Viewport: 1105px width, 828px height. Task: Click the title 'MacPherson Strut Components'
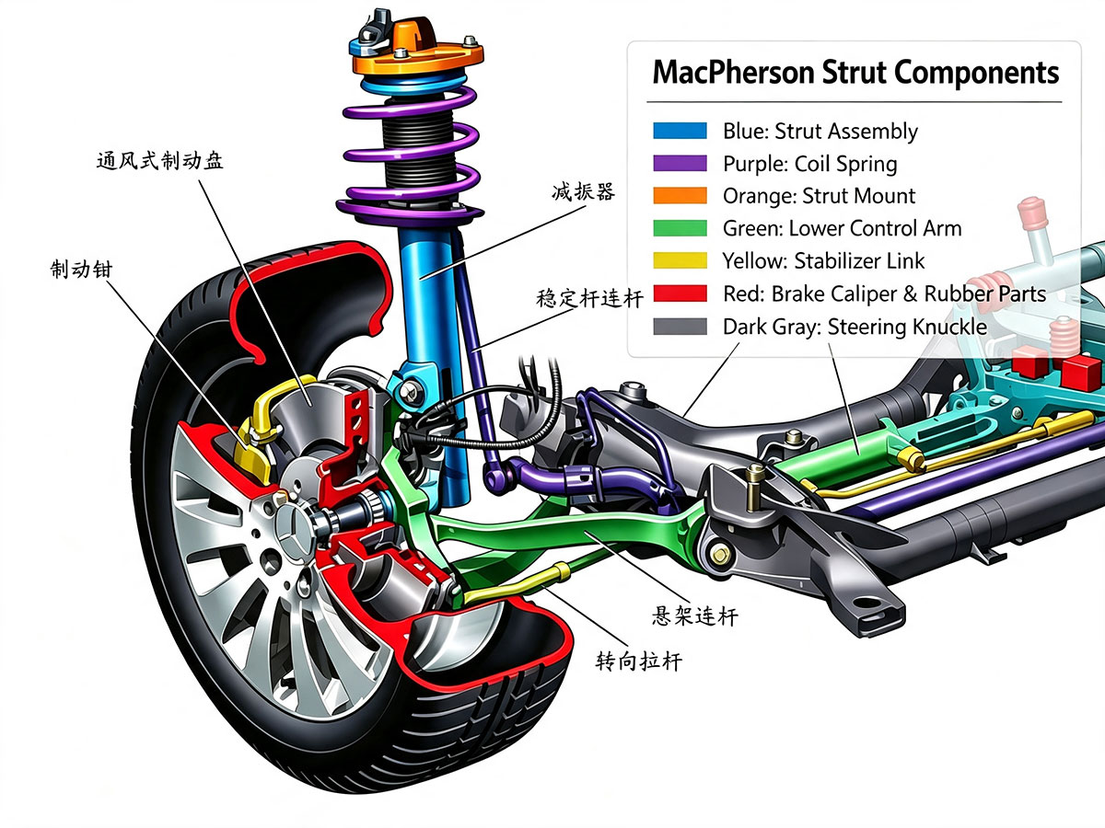(x=855, y=73)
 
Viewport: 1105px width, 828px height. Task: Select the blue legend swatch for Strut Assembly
(x=680, y=131)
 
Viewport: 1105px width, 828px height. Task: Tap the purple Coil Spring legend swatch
(x=680, y=164)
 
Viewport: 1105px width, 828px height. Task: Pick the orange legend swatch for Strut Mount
(x=680, y=196)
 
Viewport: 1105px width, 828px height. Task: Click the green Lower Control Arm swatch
(x=680, y=228)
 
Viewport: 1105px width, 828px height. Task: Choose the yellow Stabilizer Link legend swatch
(x=680, y=260)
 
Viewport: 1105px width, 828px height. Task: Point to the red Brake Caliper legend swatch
(x=680, y=293)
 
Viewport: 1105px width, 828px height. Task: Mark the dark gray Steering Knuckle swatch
(x=680, y=327)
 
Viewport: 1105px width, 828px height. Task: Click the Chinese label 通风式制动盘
(x=159, y=161)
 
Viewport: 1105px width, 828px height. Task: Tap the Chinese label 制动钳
(x=81, y=269)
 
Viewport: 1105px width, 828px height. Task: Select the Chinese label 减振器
(x=584, y=192)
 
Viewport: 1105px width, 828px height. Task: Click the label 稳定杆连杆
(x=589, y=299)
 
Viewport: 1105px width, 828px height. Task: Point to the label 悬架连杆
(x=694, y=615)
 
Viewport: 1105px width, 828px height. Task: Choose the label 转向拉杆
(x=638, y=661)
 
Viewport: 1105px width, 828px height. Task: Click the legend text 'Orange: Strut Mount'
(x=819, y=196)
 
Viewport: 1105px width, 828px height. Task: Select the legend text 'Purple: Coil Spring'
(x=810, y=164)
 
